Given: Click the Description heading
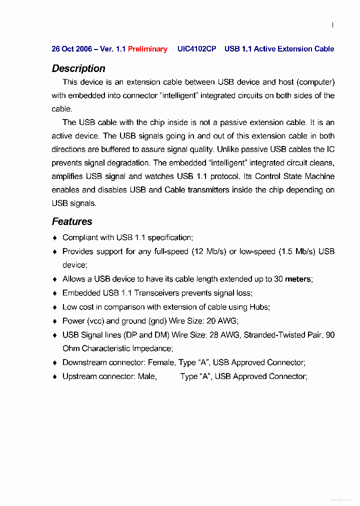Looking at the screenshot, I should (x=78, y=69).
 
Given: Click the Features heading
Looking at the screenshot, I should (x=72, y=221).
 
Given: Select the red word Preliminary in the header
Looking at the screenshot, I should (x=147, y=49).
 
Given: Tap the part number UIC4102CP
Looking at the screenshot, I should (x=196, y=49).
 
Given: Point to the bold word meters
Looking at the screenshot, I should (x=298, y=279).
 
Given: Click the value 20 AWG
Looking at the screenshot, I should (x=222, y=321).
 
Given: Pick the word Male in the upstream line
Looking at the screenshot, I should (x=147, y=376).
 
